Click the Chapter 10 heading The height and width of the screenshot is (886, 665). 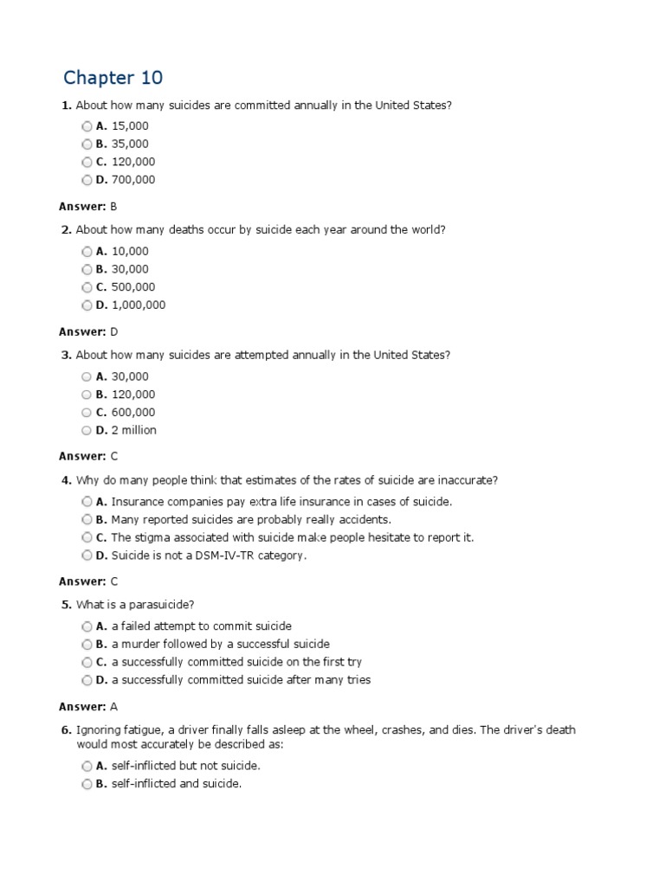pos(113,78)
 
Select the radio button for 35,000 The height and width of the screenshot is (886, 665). pos(87,144)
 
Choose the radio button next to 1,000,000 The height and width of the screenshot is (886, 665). pos(87,305)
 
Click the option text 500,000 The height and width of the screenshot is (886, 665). pos(133,286)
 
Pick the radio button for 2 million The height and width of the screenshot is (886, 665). pos(87,430)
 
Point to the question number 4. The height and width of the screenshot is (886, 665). pos(66,480)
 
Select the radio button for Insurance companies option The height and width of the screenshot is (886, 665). pos(87,501)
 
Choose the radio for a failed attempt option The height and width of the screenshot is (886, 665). pos(87,626)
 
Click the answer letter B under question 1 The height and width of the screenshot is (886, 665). pos(113,207)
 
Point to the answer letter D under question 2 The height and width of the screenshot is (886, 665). pos(113,331)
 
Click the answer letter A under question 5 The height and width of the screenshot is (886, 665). pos(113,707)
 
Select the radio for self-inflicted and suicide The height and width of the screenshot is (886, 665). pos(87,784)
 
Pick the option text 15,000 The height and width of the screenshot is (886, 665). pos(130,125)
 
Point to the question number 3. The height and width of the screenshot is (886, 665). pos(66,355)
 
